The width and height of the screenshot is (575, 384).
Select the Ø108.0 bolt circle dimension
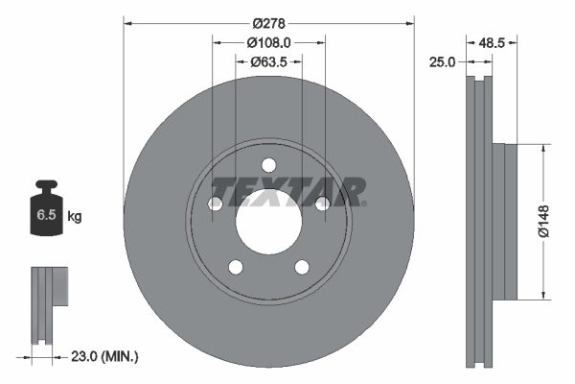point(268,42)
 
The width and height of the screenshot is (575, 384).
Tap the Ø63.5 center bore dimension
point(269,62)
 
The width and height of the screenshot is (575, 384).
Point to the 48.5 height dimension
point(492,42)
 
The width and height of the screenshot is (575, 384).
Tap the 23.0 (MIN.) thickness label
point(104,356)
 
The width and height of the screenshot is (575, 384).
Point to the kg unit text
point(75,217)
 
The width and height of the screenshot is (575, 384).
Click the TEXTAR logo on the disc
point(287,191)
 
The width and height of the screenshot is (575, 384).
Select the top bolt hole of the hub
point(268,164)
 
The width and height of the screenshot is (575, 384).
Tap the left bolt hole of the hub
point(216,204)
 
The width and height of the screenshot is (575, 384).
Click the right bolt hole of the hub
point(322,204)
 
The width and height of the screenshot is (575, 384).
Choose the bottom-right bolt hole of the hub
point(302,267)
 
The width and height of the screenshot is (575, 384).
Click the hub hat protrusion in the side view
point(505,220)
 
